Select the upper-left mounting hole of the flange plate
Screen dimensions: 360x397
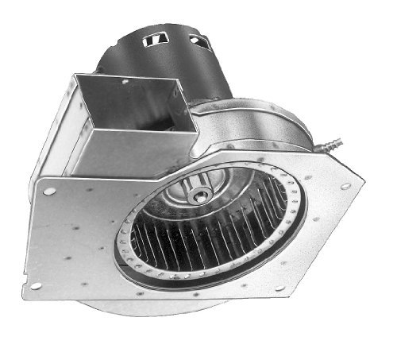click(50, 191)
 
